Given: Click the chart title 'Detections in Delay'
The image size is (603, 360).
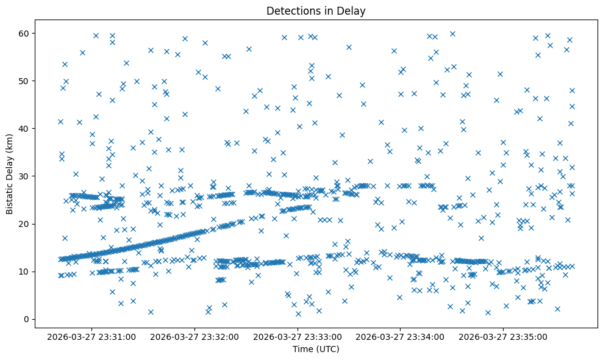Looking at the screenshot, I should [x=316, y=10].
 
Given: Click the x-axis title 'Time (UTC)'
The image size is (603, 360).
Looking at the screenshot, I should [x=316, y=349].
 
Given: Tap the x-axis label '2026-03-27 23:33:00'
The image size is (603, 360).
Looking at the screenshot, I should [x=299, y=336].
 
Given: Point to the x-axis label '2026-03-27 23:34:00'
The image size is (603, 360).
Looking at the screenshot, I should [x=401, y=336].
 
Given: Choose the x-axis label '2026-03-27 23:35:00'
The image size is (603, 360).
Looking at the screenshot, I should [x=504, y=336].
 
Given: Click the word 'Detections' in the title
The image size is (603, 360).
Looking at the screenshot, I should [x=290, y=10].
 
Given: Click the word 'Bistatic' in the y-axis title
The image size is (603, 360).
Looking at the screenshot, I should [x=10, y=195].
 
